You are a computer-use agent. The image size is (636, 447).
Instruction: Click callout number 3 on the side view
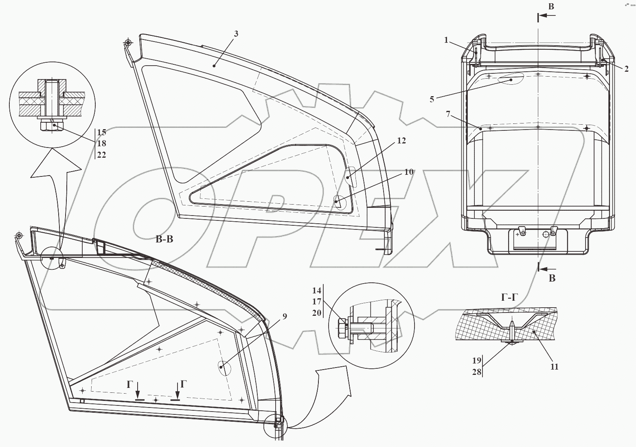[236, 34]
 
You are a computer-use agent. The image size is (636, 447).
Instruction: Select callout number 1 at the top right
[446, 40]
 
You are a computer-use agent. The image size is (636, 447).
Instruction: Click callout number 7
[448, 114]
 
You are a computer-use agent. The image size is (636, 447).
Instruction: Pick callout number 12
[401, 141]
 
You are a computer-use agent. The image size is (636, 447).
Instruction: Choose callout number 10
[409, 172]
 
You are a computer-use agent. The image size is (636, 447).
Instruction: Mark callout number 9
[284, 316]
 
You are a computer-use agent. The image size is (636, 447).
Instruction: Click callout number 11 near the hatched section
[554, 366]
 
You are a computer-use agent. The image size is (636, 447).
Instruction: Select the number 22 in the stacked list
[101, 155]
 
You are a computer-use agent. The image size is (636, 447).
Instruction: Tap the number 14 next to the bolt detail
[317, 291]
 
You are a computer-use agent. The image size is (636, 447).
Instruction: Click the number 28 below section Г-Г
[477, 372]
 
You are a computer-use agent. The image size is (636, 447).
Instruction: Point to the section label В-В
[164, 239]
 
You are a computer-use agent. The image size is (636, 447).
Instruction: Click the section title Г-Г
[509, 298]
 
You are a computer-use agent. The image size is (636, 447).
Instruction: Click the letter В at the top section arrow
[551, 7]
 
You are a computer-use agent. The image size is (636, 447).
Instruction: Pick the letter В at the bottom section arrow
[552, 278]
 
